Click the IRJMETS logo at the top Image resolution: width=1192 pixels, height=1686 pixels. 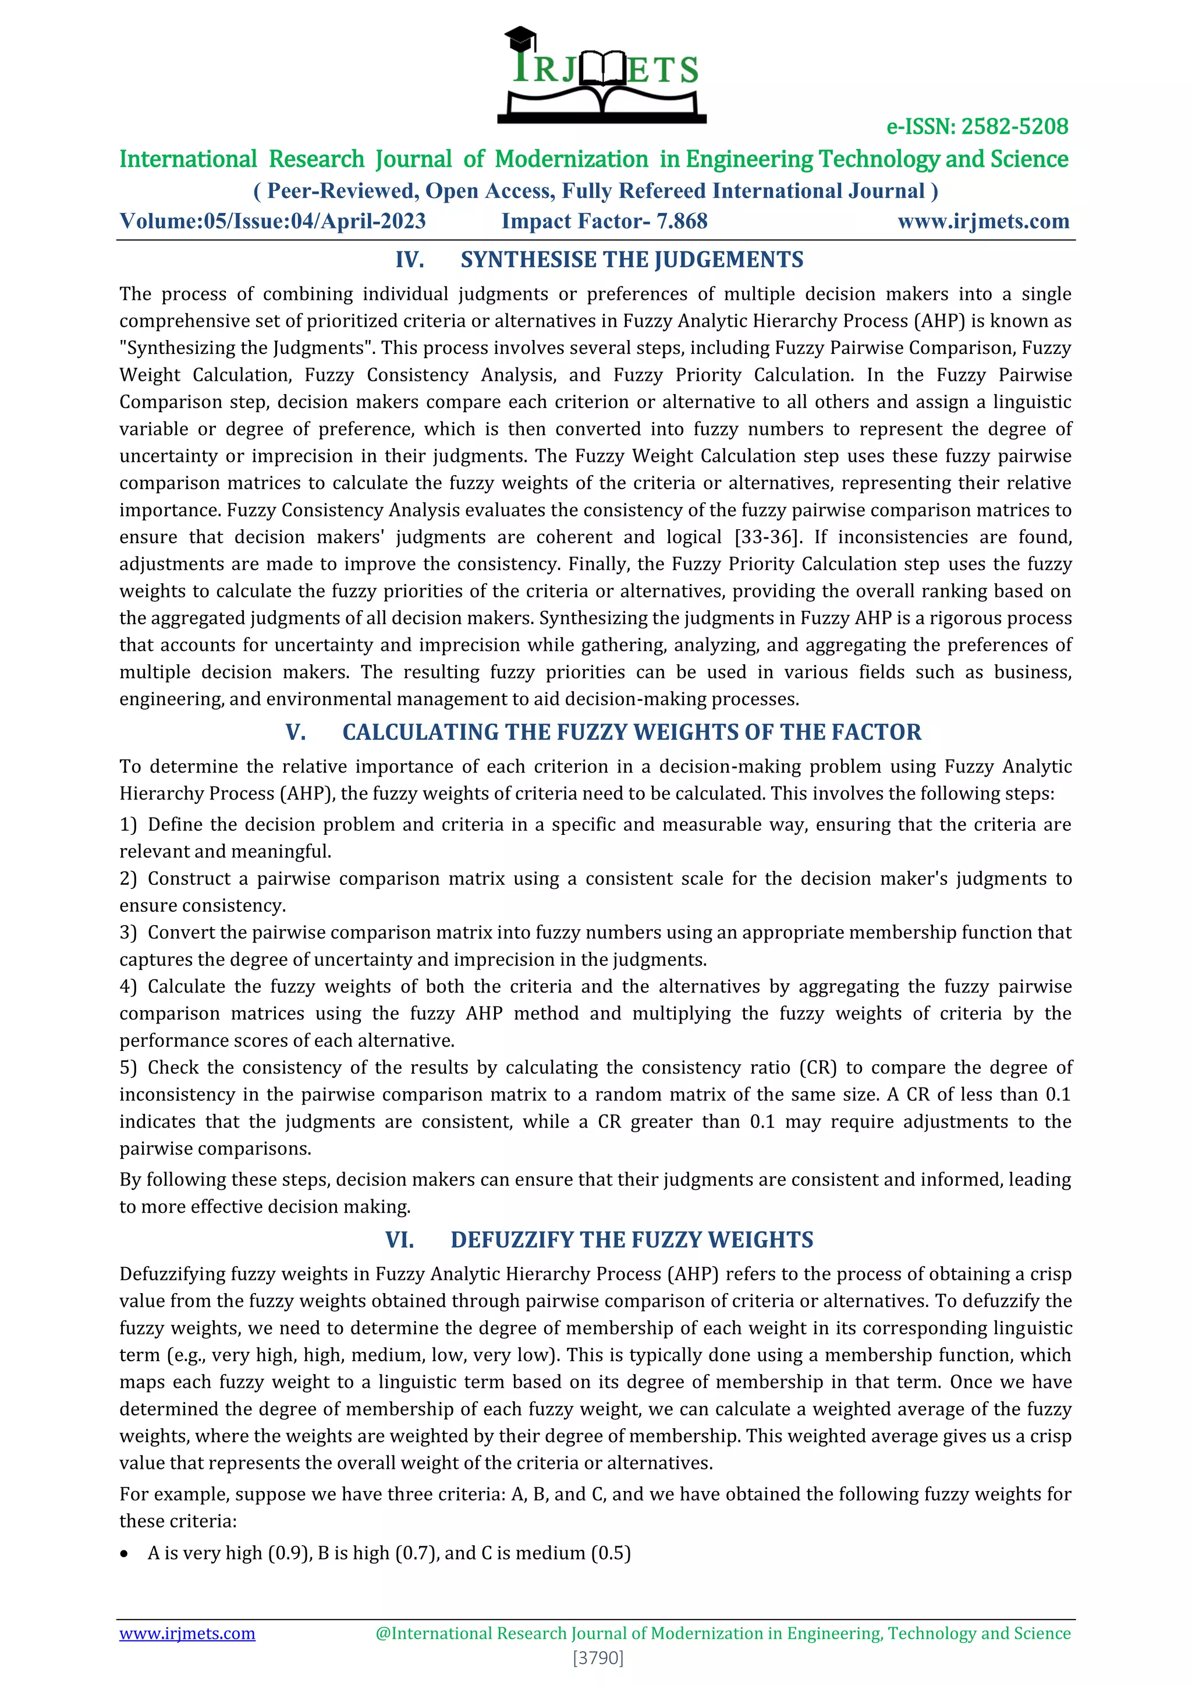click(x=602, y=74)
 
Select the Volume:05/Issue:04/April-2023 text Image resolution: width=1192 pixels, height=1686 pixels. click(x=272, y=221)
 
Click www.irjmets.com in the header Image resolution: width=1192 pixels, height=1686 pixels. click(x=983, y=221)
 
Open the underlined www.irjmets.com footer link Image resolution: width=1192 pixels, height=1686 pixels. click(x=187, y=1633)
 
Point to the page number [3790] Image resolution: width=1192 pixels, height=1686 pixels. click(x=598, y=1657)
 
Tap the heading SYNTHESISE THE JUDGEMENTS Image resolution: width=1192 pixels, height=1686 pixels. click(x=632, y=260)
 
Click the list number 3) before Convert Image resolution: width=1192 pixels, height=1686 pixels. click(x=129, y=933)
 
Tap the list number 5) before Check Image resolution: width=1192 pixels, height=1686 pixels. click(x=129, y=1068)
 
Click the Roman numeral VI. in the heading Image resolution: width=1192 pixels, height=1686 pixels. click(x=399, y=1239)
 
